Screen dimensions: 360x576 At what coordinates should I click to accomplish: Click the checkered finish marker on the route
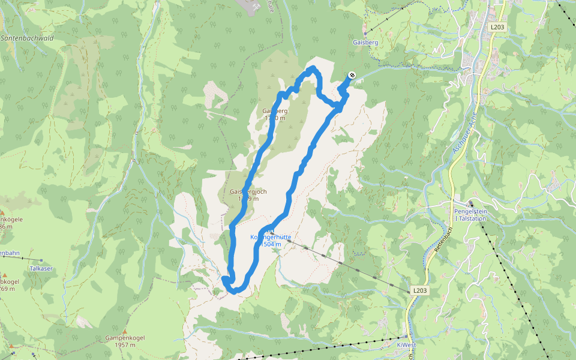click(352, 75)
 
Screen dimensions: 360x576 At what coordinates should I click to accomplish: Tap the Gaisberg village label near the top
click(365, 43)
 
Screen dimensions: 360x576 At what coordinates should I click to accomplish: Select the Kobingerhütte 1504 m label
click(270, 241)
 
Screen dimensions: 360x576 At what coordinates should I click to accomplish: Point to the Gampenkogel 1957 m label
click(124, 341)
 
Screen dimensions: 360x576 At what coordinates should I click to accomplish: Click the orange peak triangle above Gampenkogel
click(125, 331)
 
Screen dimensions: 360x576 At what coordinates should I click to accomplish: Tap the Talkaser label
click(41, 269)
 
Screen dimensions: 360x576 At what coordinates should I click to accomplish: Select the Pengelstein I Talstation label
click(470, 215)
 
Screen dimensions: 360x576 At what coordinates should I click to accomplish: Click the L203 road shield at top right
click(497, 27)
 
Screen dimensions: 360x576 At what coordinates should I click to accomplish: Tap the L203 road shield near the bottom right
click(420, 290)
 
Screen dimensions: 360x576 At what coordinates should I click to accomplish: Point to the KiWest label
click(407, 345)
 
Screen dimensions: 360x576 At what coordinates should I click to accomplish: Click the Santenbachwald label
click(28, 38)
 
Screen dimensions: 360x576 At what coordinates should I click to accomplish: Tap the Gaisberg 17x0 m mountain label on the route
click(275, 114)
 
